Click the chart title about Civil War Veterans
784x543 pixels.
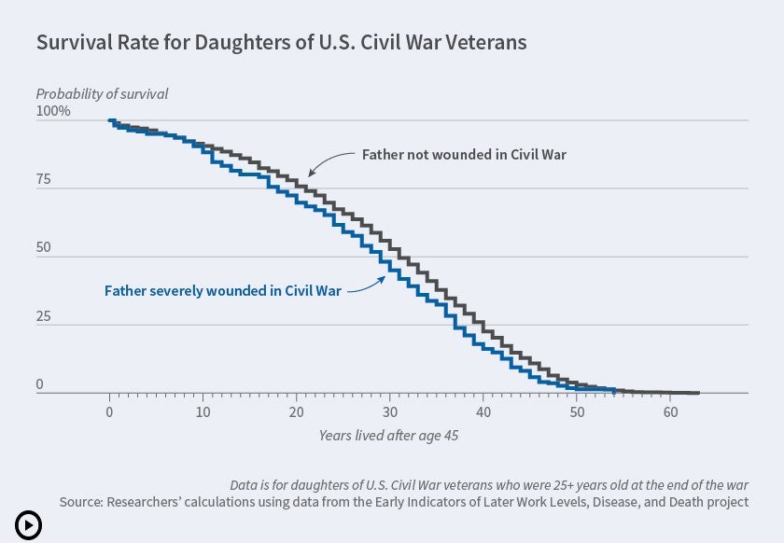(x=281, y=43)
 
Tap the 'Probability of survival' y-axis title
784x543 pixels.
(x=102, y=93)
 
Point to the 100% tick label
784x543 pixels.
(x=53, y=112)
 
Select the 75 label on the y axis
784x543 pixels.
(x=44, y=180)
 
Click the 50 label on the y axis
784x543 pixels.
(x=44, y=249)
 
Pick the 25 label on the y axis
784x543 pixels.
(x=44, y=317)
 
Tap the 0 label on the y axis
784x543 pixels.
(x=40, y=385)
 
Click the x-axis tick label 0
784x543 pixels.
(x=110, y=412)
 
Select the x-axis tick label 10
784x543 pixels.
(x=203, y=412)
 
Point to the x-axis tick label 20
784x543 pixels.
(x=297, y=412)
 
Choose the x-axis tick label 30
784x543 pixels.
(x=390, y=412)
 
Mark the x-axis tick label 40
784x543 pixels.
(x=483, y=412)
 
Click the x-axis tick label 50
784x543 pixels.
(x=577, y=412)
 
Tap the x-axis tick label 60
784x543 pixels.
(x=670, y=412)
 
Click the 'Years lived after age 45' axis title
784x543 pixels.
(x=389, y=435)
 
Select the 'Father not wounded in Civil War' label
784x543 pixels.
(x=464, y=154)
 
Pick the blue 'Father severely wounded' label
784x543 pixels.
(x=222, y=290)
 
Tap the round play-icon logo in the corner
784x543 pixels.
(x=28, y=525)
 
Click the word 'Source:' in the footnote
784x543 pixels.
(x=82, y=502)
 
